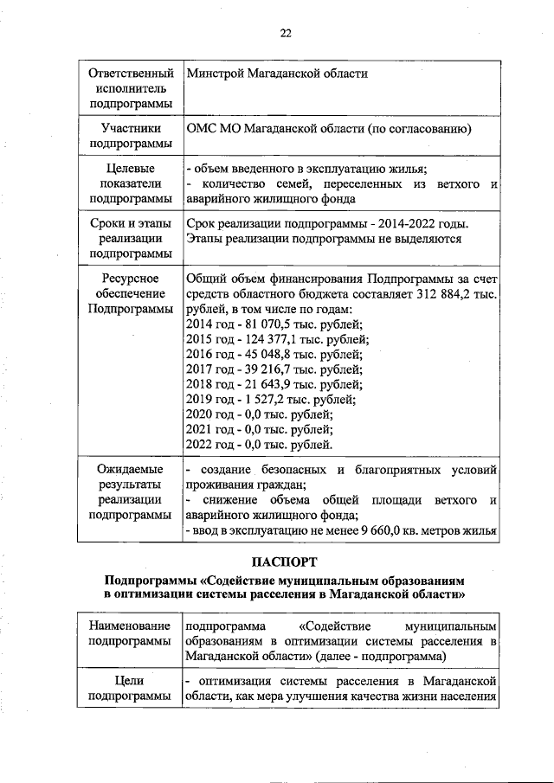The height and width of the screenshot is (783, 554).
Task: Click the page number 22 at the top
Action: (x=285, y=34)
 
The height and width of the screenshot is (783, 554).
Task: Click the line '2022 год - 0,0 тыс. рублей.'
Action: (x=259, y=444)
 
